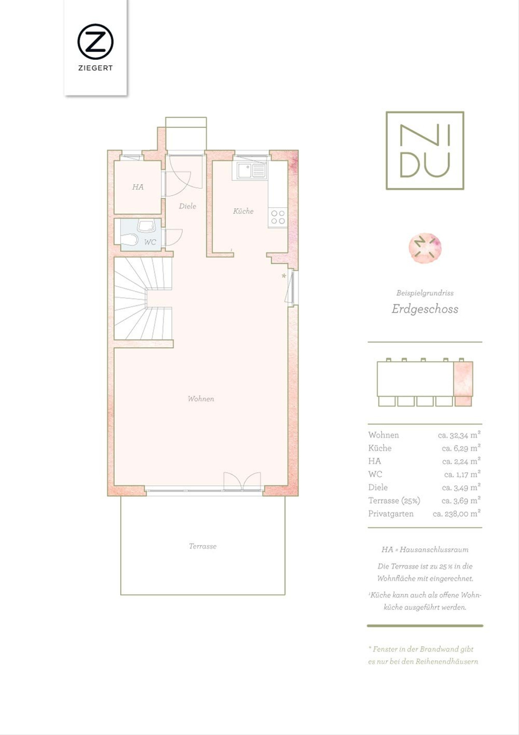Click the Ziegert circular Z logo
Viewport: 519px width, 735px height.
point(95,42)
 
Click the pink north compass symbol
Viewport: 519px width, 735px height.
point(425,248)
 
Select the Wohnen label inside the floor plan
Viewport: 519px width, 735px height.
point(201,398)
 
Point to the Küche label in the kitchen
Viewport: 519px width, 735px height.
point(243,210)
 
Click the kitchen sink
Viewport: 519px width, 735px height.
point(251,171)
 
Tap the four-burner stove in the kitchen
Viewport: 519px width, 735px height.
point(278,217)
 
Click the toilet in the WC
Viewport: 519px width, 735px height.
point(129,239)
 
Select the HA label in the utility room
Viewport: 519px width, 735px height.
point(138,187)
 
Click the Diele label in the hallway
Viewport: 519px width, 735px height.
point(187,206)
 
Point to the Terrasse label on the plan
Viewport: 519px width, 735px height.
point(202,546)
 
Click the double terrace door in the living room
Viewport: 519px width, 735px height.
point(242,482)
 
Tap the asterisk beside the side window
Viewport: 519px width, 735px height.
point(284,276)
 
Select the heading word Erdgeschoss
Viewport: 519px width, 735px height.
point(425,309)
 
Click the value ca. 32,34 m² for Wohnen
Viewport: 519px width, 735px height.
point(459,435)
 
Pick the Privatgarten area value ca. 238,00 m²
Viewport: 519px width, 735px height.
point(457,514)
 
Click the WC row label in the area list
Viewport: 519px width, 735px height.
point(375,474)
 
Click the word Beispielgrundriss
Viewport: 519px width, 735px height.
point(425,293)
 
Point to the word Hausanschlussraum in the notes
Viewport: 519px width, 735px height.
point(434,549)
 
